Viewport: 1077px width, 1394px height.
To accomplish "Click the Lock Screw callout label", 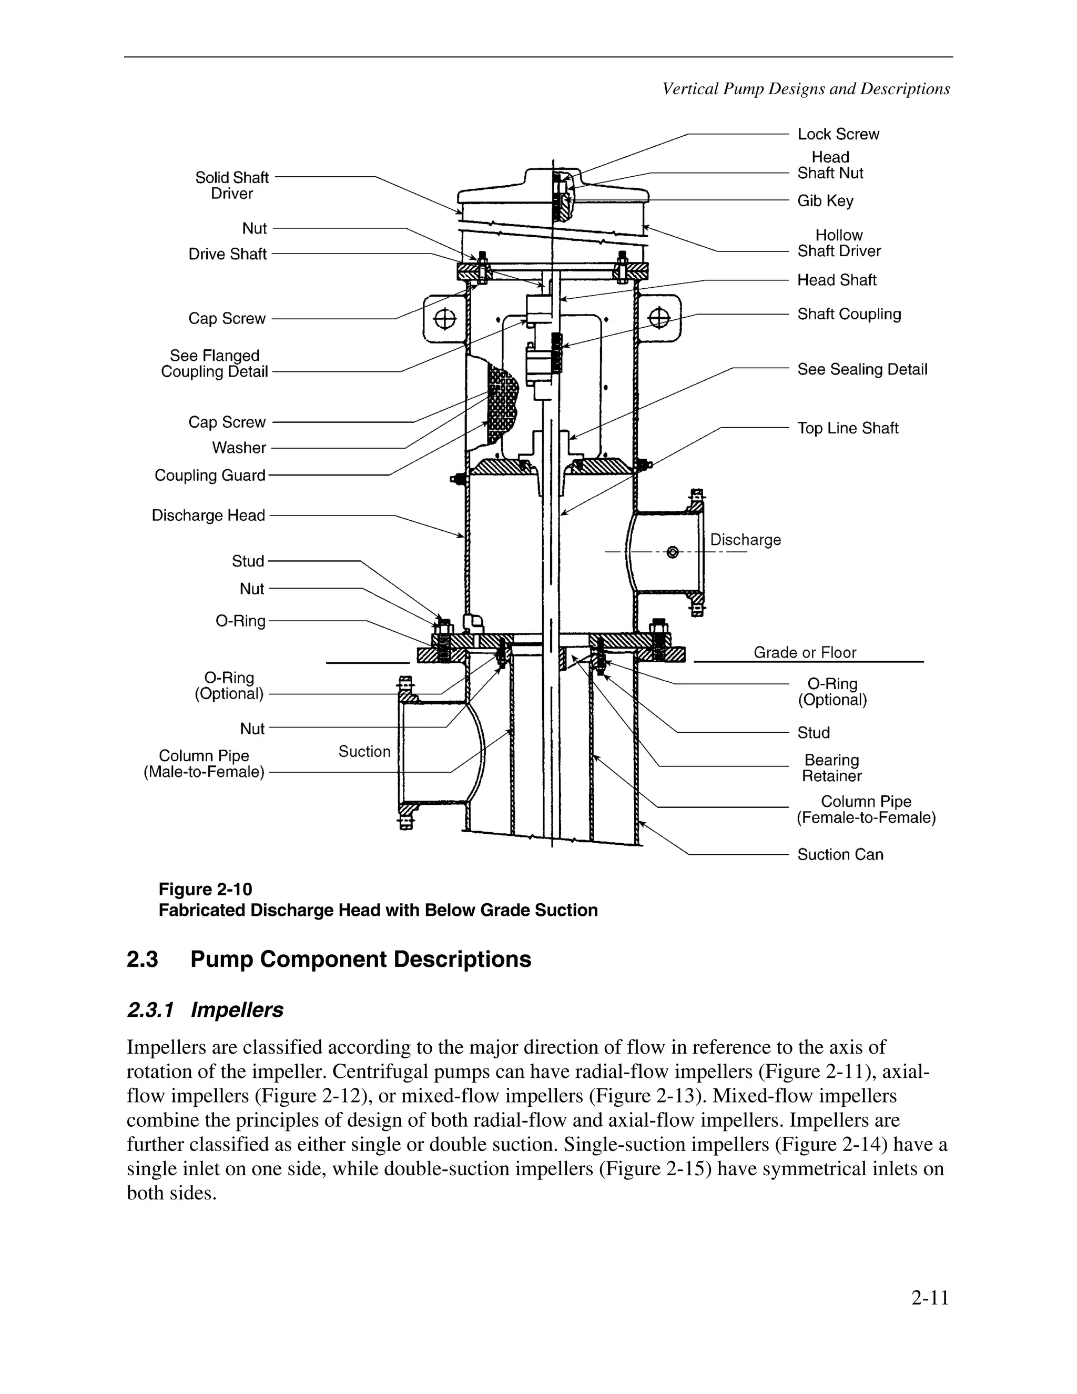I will pyautogui.click(x=838, y=134).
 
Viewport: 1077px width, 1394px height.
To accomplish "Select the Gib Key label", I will pyautogui.click(x=825, y=200).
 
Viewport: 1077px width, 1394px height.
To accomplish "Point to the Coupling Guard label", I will pyautogui.click(x=210, y=476).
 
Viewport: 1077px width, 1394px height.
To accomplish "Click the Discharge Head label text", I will pyautogui.click(x=208, y=515).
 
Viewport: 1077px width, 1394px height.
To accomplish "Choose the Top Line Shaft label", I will pyautogui.click(x=847, y=428).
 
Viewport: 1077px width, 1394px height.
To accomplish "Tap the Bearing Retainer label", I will pyautogui.click(x=831, y=768).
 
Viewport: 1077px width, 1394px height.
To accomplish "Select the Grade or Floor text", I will pyautogui.click(x=805, y=652).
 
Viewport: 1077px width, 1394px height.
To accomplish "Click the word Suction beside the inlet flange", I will pyautogui.click(x=364, y=751).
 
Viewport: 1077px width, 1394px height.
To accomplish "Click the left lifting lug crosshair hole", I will pyautogui.click(x=445, y=318).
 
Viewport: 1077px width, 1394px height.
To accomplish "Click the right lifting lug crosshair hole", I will pyautogui.click(x=658, y=317).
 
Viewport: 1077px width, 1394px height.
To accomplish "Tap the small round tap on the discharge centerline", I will pyautogui.click(x=672, y=552).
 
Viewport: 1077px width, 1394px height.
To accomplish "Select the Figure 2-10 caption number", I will pyautogui.click(x=206, y=889).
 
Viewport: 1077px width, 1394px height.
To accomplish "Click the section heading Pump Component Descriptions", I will pyautogui.click(x=360, y=959).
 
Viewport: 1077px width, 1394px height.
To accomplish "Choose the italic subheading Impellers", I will pyautogui.click(x=237, y=1010).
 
